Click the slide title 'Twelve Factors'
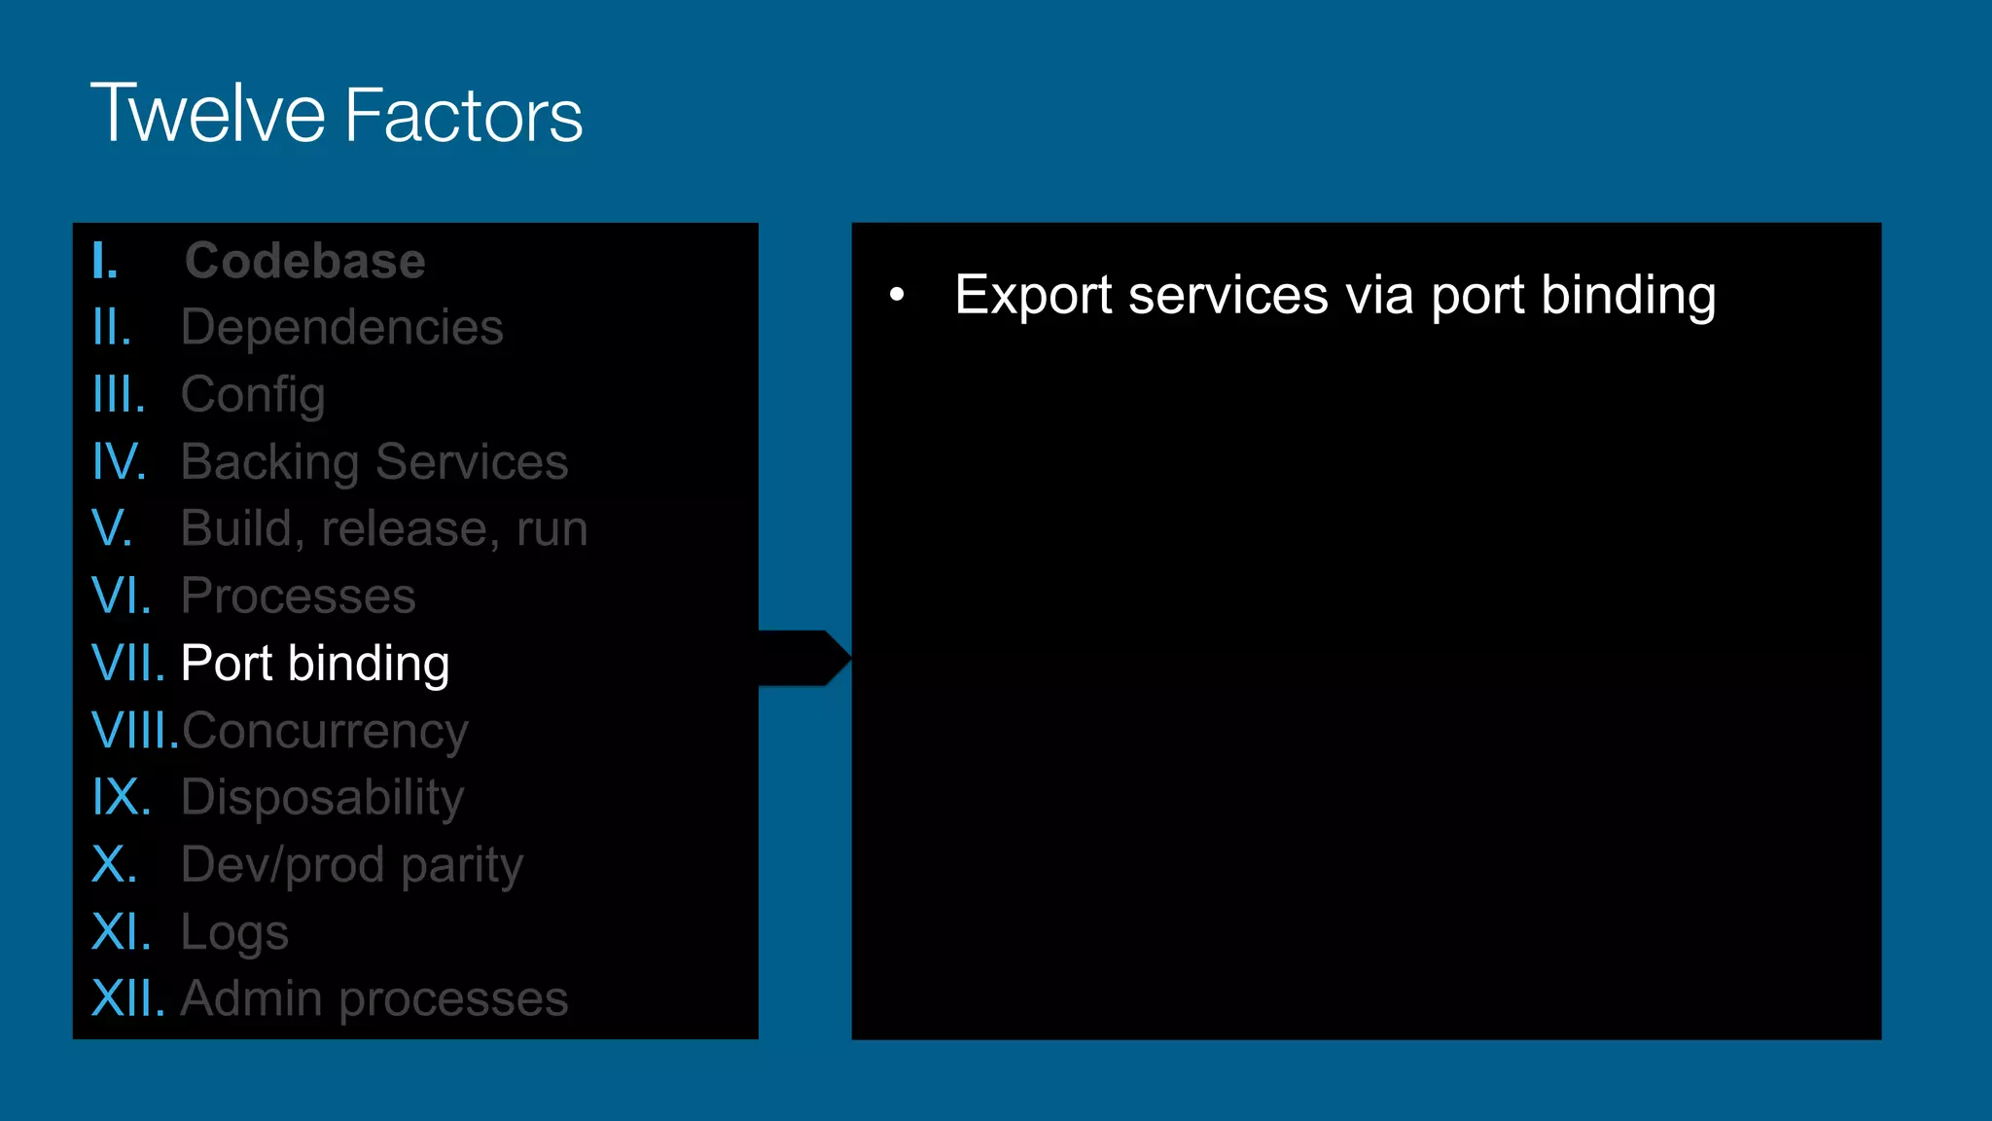[x=337, y=114]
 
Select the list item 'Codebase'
[x=304, y=261]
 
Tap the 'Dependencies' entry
[x=341, y=327]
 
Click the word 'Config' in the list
[x=253, y=395]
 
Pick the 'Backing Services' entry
[x=374, y=462]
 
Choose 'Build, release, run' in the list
[x=384, y=529]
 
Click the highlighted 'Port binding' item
[x=315, y=664]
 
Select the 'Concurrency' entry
[x=325, y=731]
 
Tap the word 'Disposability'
[x=322, y=798]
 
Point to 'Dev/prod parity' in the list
[x=352, y=865]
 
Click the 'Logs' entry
[x=234, y=932]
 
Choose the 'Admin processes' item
[x=374, y=999]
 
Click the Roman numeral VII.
[x=127, y=664]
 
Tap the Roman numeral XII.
[x=127, y=999]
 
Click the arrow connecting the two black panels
[x=804, y=658]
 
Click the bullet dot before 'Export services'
[x=897, y=294]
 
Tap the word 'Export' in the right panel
[x=1032, y=296]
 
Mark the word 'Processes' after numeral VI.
[x=298, y=597]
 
